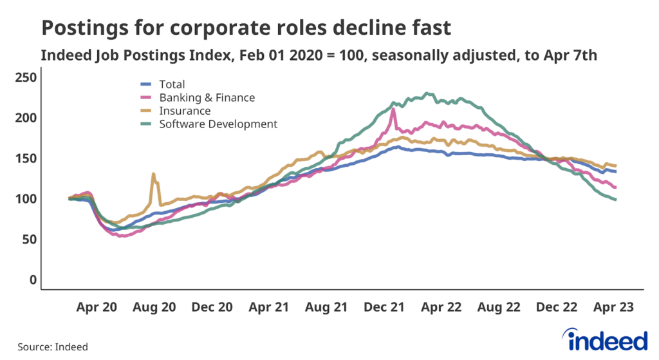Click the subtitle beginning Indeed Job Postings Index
(x=319, y=55)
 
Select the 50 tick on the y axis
(x=29, y=240)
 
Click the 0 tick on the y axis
(x=32, y=280)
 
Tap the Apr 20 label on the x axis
(x=97, y=308)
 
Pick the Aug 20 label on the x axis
(x=154, y=308)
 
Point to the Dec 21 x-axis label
(x=384, y=308)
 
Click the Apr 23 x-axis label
(x=613, y=308)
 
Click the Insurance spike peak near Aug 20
(x=153, y=174)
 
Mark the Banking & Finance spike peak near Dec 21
(x=393, y=109)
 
